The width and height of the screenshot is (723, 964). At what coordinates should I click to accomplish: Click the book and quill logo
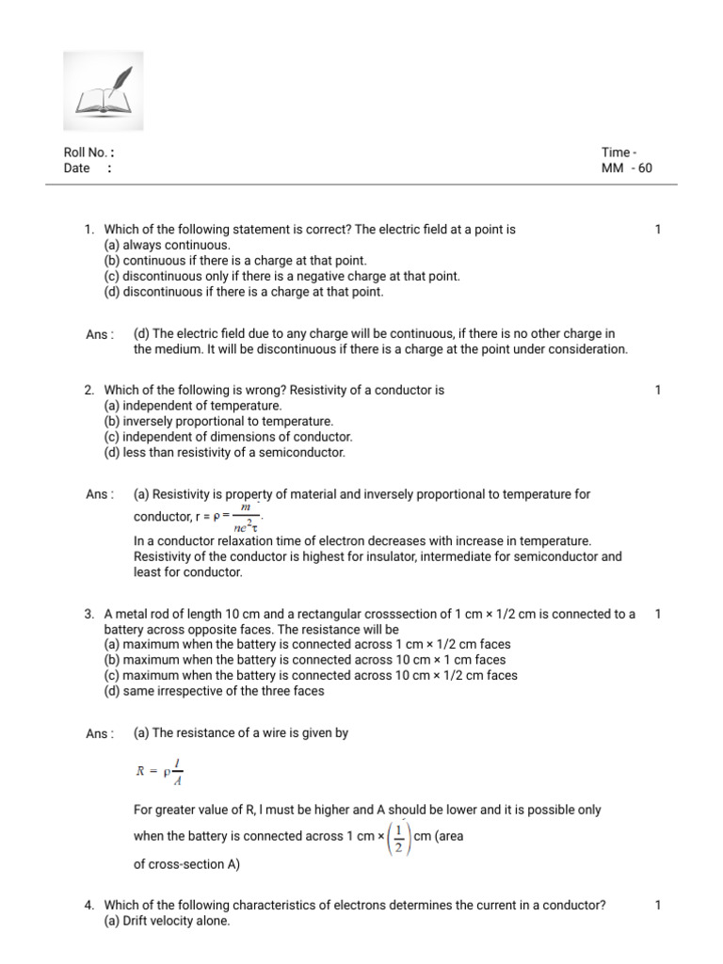pyautogui.click(x=103, y=91)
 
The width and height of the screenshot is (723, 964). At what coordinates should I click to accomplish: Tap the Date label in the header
pyautogui.click(x=77, y=169)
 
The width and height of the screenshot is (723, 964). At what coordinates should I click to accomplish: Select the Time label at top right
pyautogui.click(x=619, y=153)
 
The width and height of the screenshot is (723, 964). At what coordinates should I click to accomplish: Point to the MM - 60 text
pyautogui.click(x=626, y=169)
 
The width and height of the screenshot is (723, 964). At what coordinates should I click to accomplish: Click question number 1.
pyautogui.click(x=88, y=230)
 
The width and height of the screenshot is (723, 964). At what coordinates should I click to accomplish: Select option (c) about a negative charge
pyautogui.click(x=281, y=276)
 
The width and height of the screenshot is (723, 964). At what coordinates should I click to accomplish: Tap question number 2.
pyautogui.click(x=88, y=390)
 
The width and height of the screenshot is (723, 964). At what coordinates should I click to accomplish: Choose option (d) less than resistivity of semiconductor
pyautogui.click(x=224, y=453)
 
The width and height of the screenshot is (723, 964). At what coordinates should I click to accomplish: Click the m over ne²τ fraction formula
pyautogui.click(x=247, y=517)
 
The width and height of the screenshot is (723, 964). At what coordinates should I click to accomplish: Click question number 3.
pyautogui.click(x=88, y=615)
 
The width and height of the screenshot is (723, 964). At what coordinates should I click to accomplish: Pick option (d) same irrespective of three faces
pyautogui.click(x=214, y=691)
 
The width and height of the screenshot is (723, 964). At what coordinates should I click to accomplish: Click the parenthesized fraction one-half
pyautogui.click(x=399, y=836)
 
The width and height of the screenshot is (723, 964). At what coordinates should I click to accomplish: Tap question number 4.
pyautogui.click(x=88, y=906)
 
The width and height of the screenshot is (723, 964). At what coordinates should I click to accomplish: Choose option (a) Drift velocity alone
pyautogui.click(x=167, y=921)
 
